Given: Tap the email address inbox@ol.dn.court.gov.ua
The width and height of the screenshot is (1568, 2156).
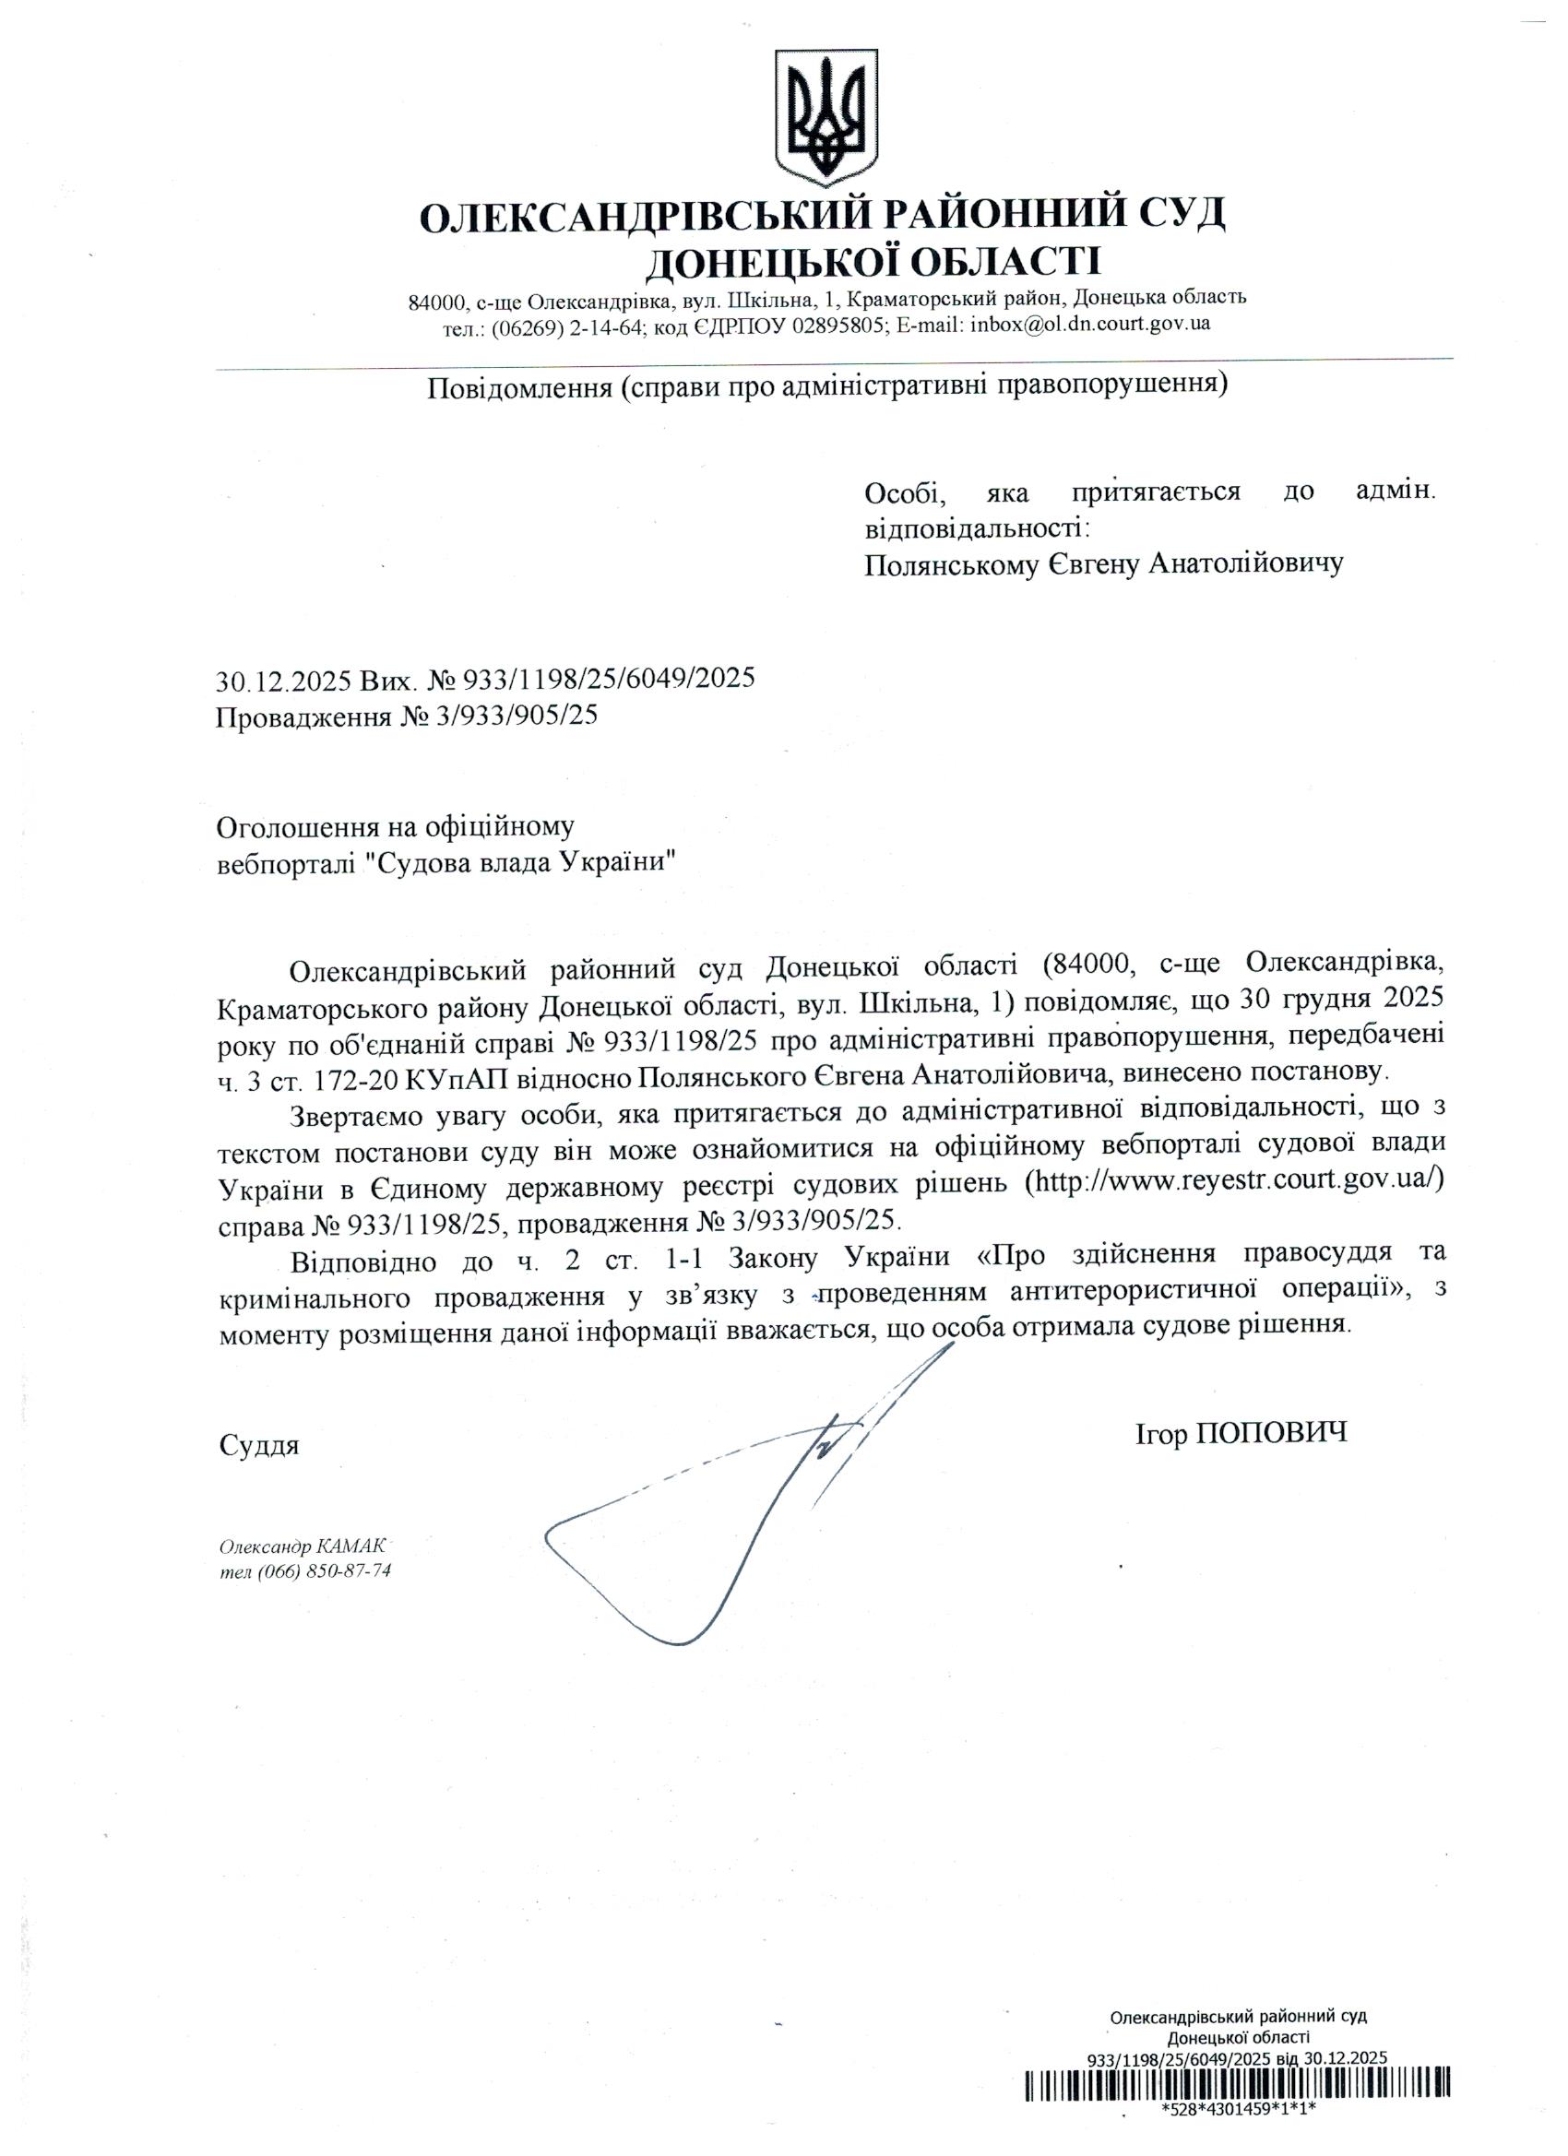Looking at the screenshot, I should coord(1088,325).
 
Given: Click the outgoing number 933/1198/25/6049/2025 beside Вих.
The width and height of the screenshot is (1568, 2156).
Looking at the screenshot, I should coord(608,678).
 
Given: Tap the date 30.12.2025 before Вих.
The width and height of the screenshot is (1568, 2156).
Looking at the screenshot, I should coord(284,679).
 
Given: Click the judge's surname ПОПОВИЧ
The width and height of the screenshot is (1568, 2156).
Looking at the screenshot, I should coord(1270,1435).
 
